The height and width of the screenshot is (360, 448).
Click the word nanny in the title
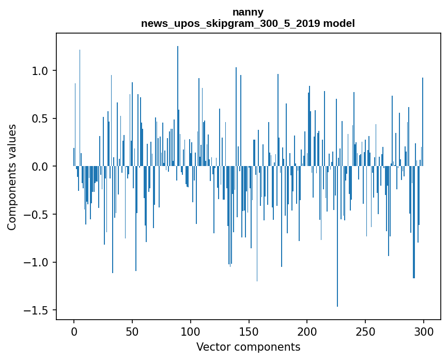[248, 12]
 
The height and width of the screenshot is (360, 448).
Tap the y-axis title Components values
[12, 177]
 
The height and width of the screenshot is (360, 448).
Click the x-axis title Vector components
[248, 347]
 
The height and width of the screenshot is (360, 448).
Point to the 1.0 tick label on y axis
[41, 71]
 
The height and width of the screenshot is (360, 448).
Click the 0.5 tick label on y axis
[41, 118]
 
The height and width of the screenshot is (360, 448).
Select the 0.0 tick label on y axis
[41, 167]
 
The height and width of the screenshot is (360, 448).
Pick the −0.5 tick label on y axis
[38, 215]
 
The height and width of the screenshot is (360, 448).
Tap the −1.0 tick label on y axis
[38, 262]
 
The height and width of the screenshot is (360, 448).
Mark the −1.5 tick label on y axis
[38, 310]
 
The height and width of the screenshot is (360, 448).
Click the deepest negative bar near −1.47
[337, 238]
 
